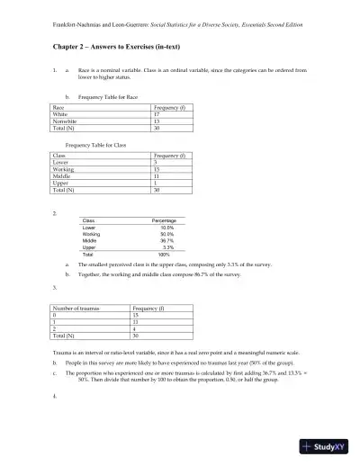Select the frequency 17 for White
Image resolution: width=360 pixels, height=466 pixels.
157,114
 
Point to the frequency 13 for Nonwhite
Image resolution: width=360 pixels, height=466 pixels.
157,121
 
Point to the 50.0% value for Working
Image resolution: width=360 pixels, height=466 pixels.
167,234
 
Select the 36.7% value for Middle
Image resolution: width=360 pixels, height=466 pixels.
167,240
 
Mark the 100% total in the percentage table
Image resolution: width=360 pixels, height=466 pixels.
164,255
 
